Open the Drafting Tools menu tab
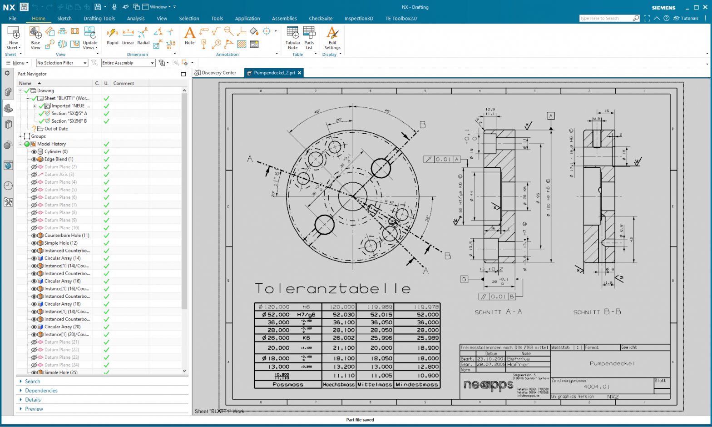pyautogui.click(x=99, y=19)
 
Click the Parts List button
pyautogui.click(x=309, y=37)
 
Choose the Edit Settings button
pyautogui.click(x=332, y=37)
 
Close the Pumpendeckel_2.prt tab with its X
pyautogui.click(x=300, y=73)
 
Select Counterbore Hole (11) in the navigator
pyautogui.click(x=67, y=236)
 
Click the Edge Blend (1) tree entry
pyautogui.click(x=59, y=159)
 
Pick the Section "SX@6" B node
pyautogui.click(x=69, y=121)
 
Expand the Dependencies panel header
pyautogui.click(x=41, y=391)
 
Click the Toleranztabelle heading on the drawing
pyautogui.click(x=333, y=289)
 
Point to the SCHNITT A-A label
pyautogui.click(x=499, y=312)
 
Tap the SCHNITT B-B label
pyautogui.click(x=597, y=312)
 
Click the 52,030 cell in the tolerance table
pyautogui.click(x=343, y=315)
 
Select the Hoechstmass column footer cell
pyautogui.click(x=339, y=385)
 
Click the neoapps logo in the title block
pyautogui.click(x=488, y=386)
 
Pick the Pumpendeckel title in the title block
pyautogui.click(x=612, y=363)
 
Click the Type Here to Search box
pyautogui.click(x=605, y=18)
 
